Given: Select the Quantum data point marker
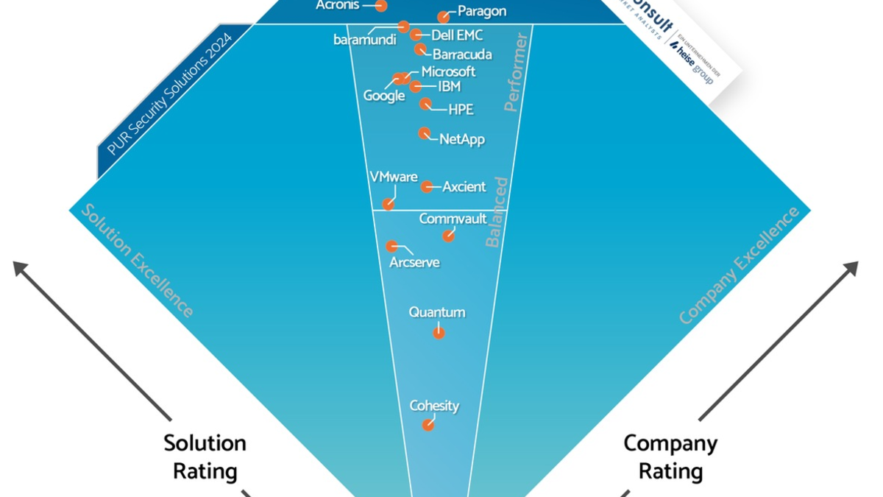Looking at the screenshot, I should (x=439, y=333).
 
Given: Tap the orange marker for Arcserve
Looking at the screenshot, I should (x=392, y=247).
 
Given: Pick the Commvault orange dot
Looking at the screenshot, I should (x=448, y=236).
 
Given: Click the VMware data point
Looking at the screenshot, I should (x=388, y=204).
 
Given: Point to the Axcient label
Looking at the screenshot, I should (x=464, y=187).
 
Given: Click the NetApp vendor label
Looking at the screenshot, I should (x=462, y=139).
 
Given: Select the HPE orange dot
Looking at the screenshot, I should (x=425, y=104).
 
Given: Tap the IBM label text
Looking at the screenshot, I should (x=449, y=87).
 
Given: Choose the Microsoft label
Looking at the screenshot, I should (x=448, y=72).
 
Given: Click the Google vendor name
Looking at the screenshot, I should (x=384, y=96).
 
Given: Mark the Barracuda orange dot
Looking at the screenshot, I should (x=420, y=49).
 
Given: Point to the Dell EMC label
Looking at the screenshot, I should (x=457, y=35).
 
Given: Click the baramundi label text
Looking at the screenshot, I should (x=365, y=40).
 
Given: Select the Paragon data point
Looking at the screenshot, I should (x=443, y=17).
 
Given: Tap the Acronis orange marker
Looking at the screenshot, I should (x=381, y=6).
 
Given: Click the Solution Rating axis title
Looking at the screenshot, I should (x=205, y=457).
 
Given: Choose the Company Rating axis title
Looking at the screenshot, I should (x=670, y=457).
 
